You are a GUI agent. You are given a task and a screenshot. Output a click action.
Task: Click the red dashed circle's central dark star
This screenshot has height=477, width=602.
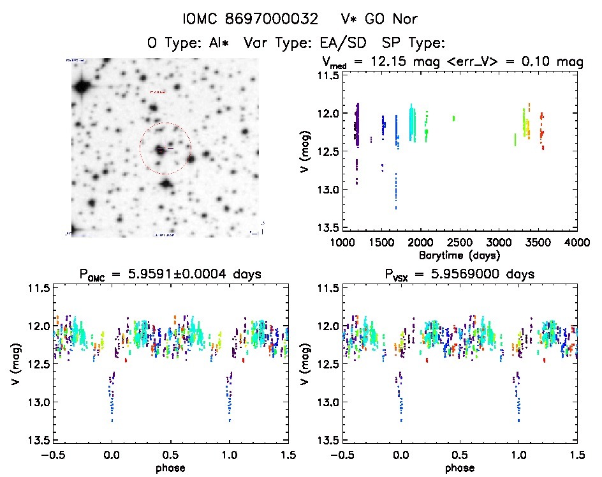coord(159,149)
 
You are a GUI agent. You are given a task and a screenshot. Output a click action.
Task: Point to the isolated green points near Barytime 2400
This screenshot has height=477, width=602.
coord(453,118)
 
